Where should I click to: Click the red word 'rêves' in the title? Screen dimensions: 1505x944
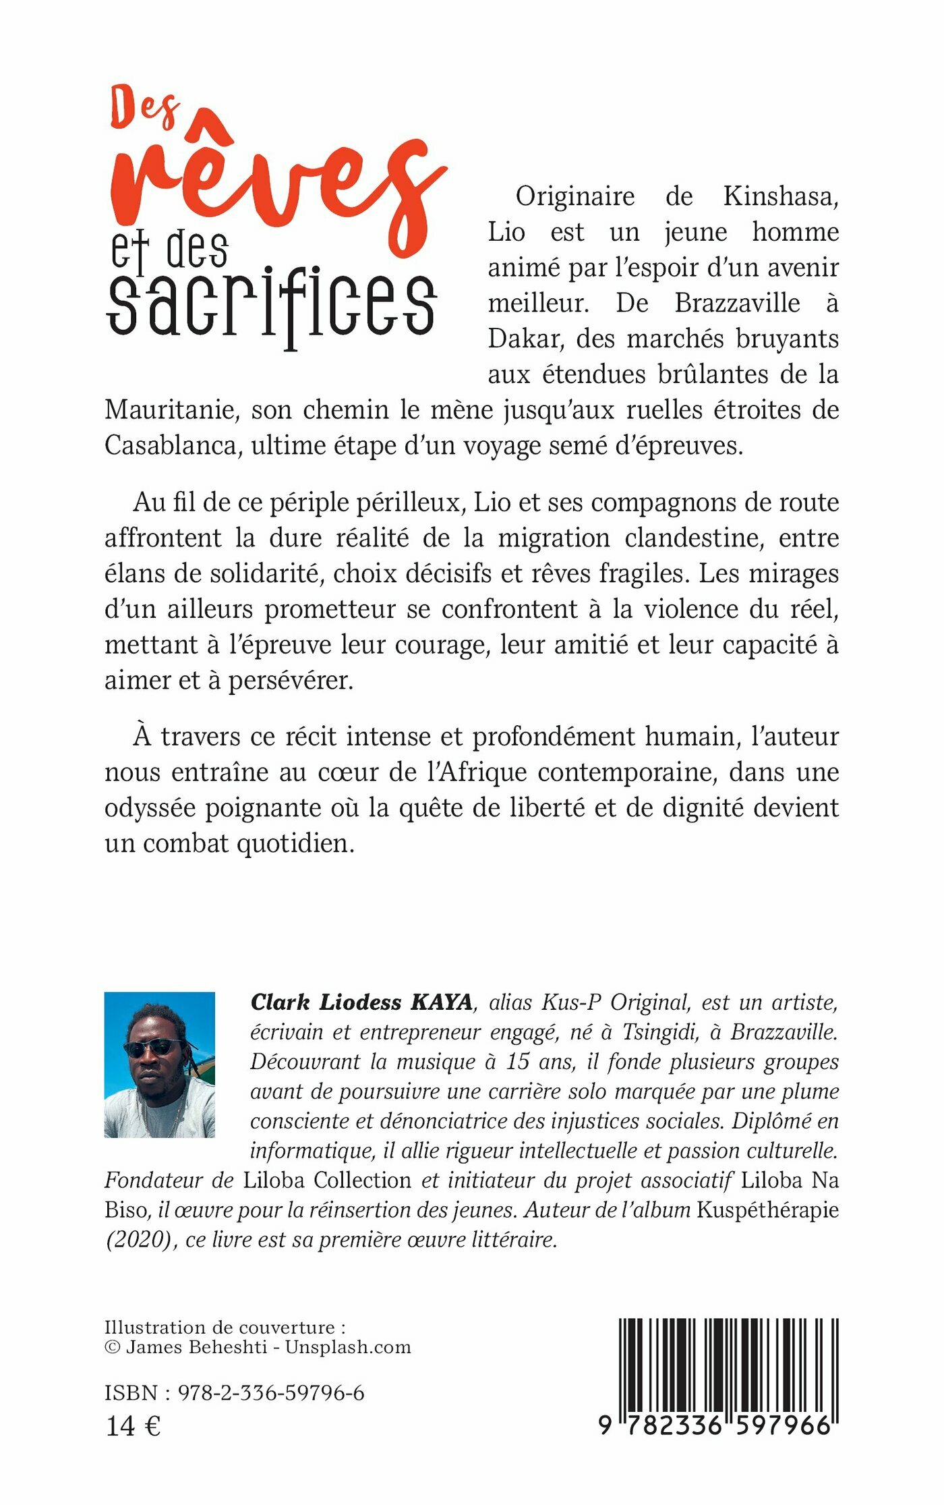click(x=276, y=186)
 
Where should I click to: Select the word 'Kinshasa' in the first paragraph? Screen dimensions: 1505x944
click(x=781, y=196)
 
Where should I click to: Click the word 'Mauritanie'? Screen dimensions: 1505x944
click(x=172, y=410)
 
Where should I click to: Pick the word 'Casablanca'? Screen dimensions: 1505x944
click(x=172, y=446)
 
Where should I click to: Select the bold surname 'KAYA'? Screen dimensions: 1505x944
click(x=442, y=1002)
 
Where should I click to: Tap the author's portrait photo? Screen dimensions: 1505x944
click(x=160, y=1064)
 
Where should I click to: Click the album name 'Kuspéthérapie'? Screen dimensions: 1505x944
click(x=767, y=1210)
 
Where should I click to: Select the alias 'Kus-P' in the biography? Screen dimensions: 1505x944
click(x=570, y=1002)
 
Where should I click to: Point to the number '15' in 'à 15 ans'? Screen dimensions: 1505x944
click(x=517, y=1062)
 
